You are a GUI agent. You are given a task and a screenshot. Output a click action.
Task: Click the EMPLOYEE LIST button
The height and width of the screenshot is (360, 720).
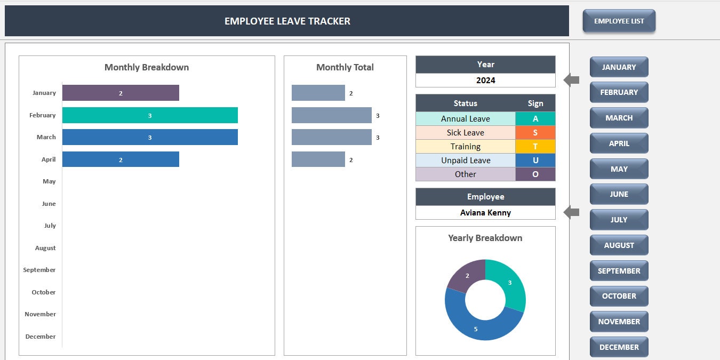click(619, 21)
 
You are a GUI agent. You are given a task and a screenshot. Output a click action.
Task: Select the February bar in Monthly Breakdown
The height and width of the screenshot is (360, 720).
click(150, 115)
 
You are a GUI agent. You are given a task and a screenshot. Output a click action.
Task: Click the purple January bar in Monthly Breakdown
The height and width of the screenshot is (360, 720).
click(121, 93)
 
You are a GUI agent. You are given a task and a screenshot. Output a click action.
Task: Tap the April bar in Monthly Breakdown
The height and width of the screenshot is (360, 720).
click(121, 159)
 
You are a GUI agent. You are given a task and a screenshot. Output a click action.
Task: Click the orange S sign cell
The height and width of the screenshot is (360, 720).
click(535, 133)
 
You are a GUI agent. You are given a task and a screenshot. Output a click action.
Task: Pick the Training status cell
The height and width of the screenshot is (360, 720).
click(465, 147)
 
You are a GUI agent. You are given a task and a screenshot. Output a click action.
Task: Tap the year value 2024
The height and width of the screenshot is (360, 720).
click(485, 81)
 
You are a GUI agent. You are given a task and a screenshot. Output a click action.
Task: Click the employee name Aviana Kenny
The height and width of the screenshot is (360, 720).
click(485, 213)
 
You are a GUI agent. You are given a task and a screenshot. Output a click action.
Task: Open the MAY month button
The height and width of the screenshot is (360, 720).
click(619, 169)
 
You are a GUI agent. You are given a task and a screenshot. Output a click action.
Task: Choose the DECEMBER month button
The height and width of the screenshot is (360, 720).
click(619, 347)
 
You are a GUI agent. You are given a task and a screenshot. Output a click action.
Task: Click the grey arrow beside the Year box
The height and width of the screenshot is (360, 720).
click(572, 81)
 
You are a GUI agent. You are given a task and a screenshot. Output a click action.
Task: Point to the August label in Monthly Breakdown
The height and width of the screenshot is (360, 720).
click(45, 248)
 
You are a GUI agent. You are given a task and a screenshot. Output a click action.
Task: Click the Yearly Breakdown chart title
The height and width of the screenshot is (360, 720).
click(485, 238)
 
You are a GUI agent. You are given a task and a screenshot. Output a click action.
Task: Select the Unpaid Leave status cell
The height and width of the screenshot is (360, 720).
click(465, 161)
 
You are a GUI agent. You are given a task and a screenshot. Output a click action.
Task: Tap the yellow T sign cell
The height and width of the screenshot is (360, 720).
click(535, 147)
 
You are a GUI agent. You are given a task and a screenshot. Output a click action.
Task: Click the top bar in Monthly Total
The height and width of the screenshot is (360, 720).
click(318, 93)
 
